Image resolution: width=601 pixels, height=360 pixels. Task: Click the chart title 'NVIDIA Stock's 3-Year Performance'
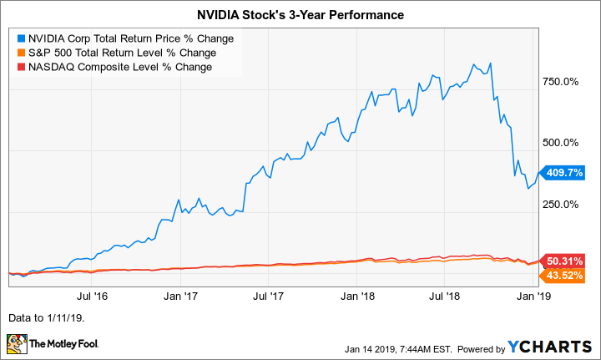300,15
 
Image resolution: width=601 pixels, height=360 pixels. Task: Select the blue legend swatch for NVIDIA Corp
22,38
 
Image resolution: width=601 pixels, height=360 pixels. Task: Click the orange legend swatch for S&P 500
22,53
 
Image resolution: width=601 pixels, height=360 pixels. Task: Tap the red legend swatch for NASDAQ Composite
22,67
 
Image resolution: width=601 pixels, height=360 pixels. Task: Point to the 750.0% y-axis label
561,82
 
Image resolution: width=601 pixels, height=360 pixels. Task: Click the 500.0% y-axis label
561,143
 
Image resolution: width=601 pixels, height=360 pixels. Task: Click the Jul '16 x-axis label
96,296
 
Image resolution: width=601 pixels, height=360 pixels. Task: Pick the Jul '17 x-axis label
270,296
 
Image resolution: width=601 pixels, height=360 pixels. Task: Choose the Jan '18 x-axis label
360,296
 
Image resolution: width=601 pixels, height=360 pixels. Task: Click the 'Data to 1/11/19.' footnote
47,318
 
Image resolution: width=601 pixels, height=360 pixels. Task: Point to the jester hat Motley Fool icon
17,343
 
